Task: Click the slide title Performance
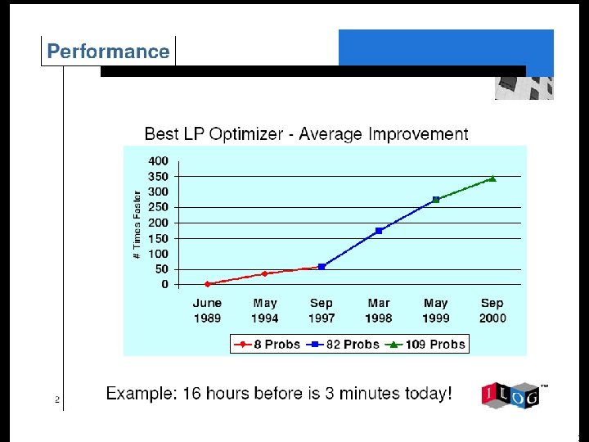click(108, 52)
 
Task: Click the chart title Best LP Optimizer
click(306, 133)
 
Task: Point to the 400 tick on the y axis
click(159, 160)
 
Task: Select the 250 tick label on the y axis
click(159, 207)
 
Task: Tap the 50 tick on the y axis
click(162, 269)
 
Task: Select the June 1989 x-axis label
click(207, 310)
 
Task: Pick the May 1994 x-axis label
click(264, 310)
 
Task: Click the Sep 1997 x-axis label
click(321, 310)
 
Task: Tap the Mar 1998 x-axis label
click(379, 310)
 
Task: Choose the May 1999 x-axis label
click(436, 310)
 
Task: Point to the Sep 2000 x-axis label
click(492, 310)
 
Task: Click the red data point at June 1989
click(208, 284)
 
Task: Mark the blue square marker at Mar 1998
click(379, 231)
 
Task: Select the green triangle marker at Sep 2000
click(492, 178)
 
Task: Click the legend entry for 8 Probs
click(268, 345)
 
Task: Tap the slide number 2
click(57, 400)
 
